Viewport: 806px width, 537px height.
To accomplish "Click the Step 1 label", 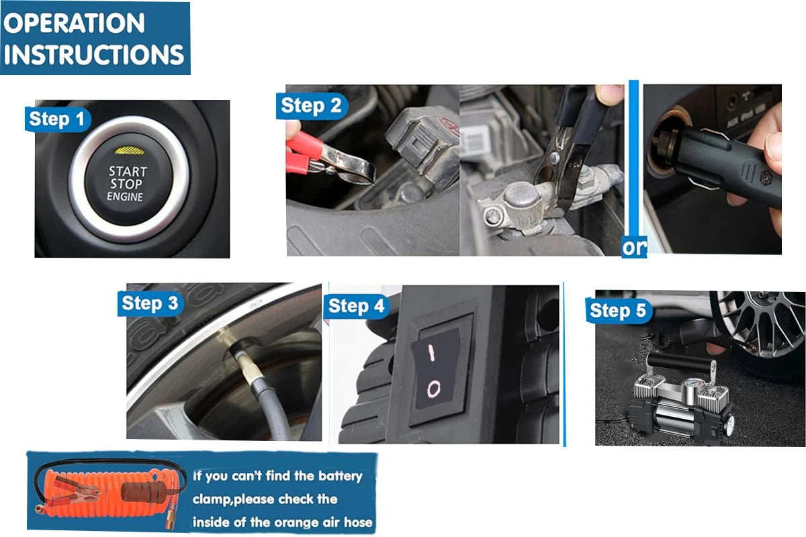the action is coord(58,119).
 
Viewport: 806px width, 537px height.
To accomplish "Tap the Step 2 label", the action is coord(312,106).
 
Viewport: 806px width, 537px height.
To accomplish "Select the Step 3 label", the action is coord(150,303).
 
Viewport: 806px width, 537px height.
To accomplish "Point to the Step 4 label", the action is coord(356,307).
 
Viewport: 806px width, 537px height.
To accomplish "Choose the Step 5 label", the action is coord(618,310).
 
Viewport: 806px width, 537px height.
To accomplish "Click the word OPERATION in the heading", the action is coord(74,23).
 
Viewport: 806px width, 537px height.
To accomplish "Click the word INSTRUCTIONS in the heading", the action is coord(93,54).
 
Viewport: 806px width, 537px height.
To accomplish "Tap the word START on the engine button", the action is coord(128,172).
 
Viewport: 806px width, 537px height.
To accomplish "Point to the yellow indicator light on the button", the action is coord(130,151).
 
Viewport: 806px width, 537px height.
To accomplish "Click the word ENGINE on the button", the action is coord(125,197).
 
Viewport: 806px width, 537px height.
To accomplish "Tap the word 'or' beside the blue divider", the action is coord(634,247).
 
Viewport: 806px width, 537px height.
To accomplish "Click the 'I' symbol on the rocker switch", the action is coord(431,352).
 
